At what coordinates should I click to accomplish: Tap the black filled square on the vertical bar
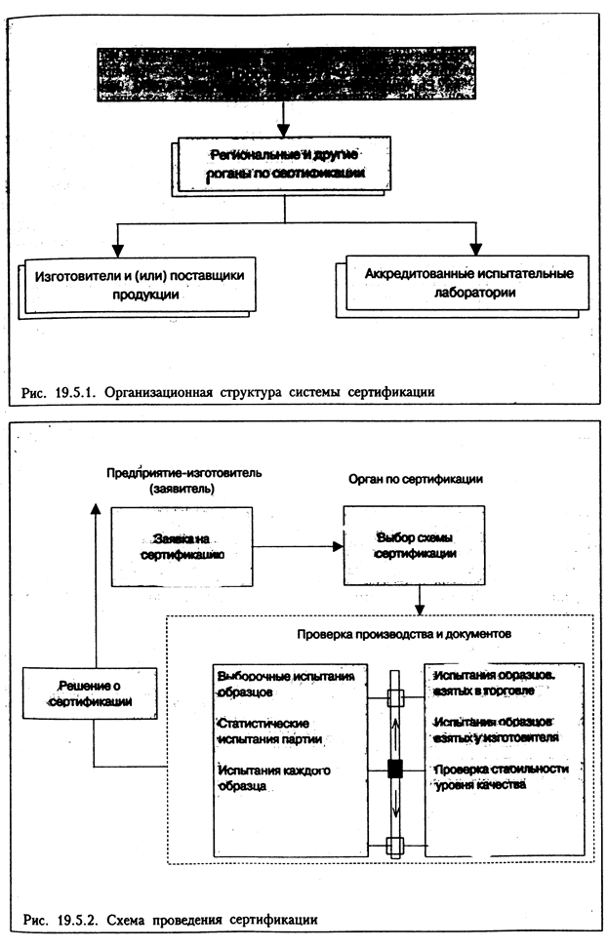pos(395,770)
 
